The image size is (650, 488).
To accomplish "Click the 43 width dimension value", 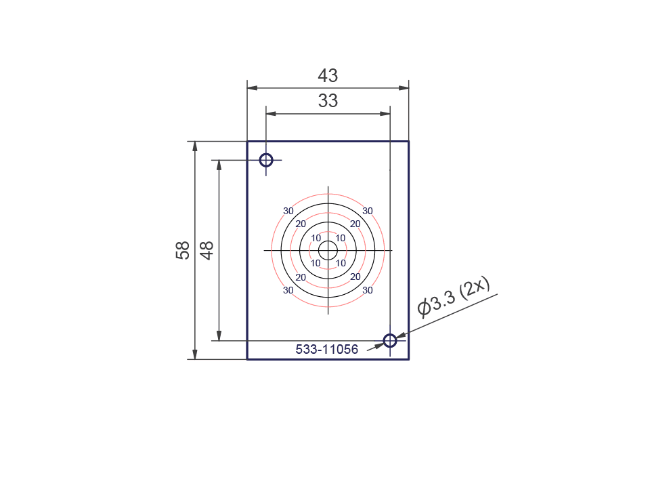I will tap(328, 76).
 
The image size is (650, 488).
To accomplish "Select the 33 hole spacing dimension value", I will tap(328, 101).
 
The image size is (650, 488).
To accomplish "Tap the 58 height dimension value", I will tap(182, 250).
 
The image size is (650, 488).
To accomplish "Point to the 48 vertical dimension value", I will tap(207, 250).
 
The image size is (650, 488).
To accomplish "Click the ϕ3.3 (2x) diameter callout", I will tap(453, 298).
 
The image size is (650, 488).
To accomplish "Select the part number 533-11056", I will tap(327, 350).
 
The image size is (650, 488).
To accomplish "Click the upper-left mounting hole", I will tap(266, 160).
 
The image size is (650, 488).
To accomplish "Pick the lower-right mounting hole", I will tap(390, 340).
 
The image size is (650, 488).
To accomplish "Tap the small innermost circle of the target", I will tap(328, 250).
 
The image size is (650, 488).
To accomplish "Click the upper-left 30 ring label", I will tap(288, 211).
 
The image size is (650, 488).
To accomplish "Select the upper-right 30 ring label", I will tap(368, 211).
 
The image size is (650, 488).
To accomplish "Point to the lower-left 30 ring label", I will tap(288, 290).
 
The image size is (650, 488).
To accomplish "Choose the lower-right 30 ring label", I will tap(368, 290).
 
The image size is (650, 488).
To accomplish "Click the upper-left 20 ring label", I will tap(301, 224).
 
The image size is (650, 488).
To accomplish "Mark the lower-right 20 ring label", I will tap(355, 277).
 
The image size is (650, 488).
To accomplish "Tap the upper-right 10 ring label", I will tap(341, 238).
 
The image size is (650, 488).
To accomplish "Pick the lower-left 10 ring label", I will tap(316, 263).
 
